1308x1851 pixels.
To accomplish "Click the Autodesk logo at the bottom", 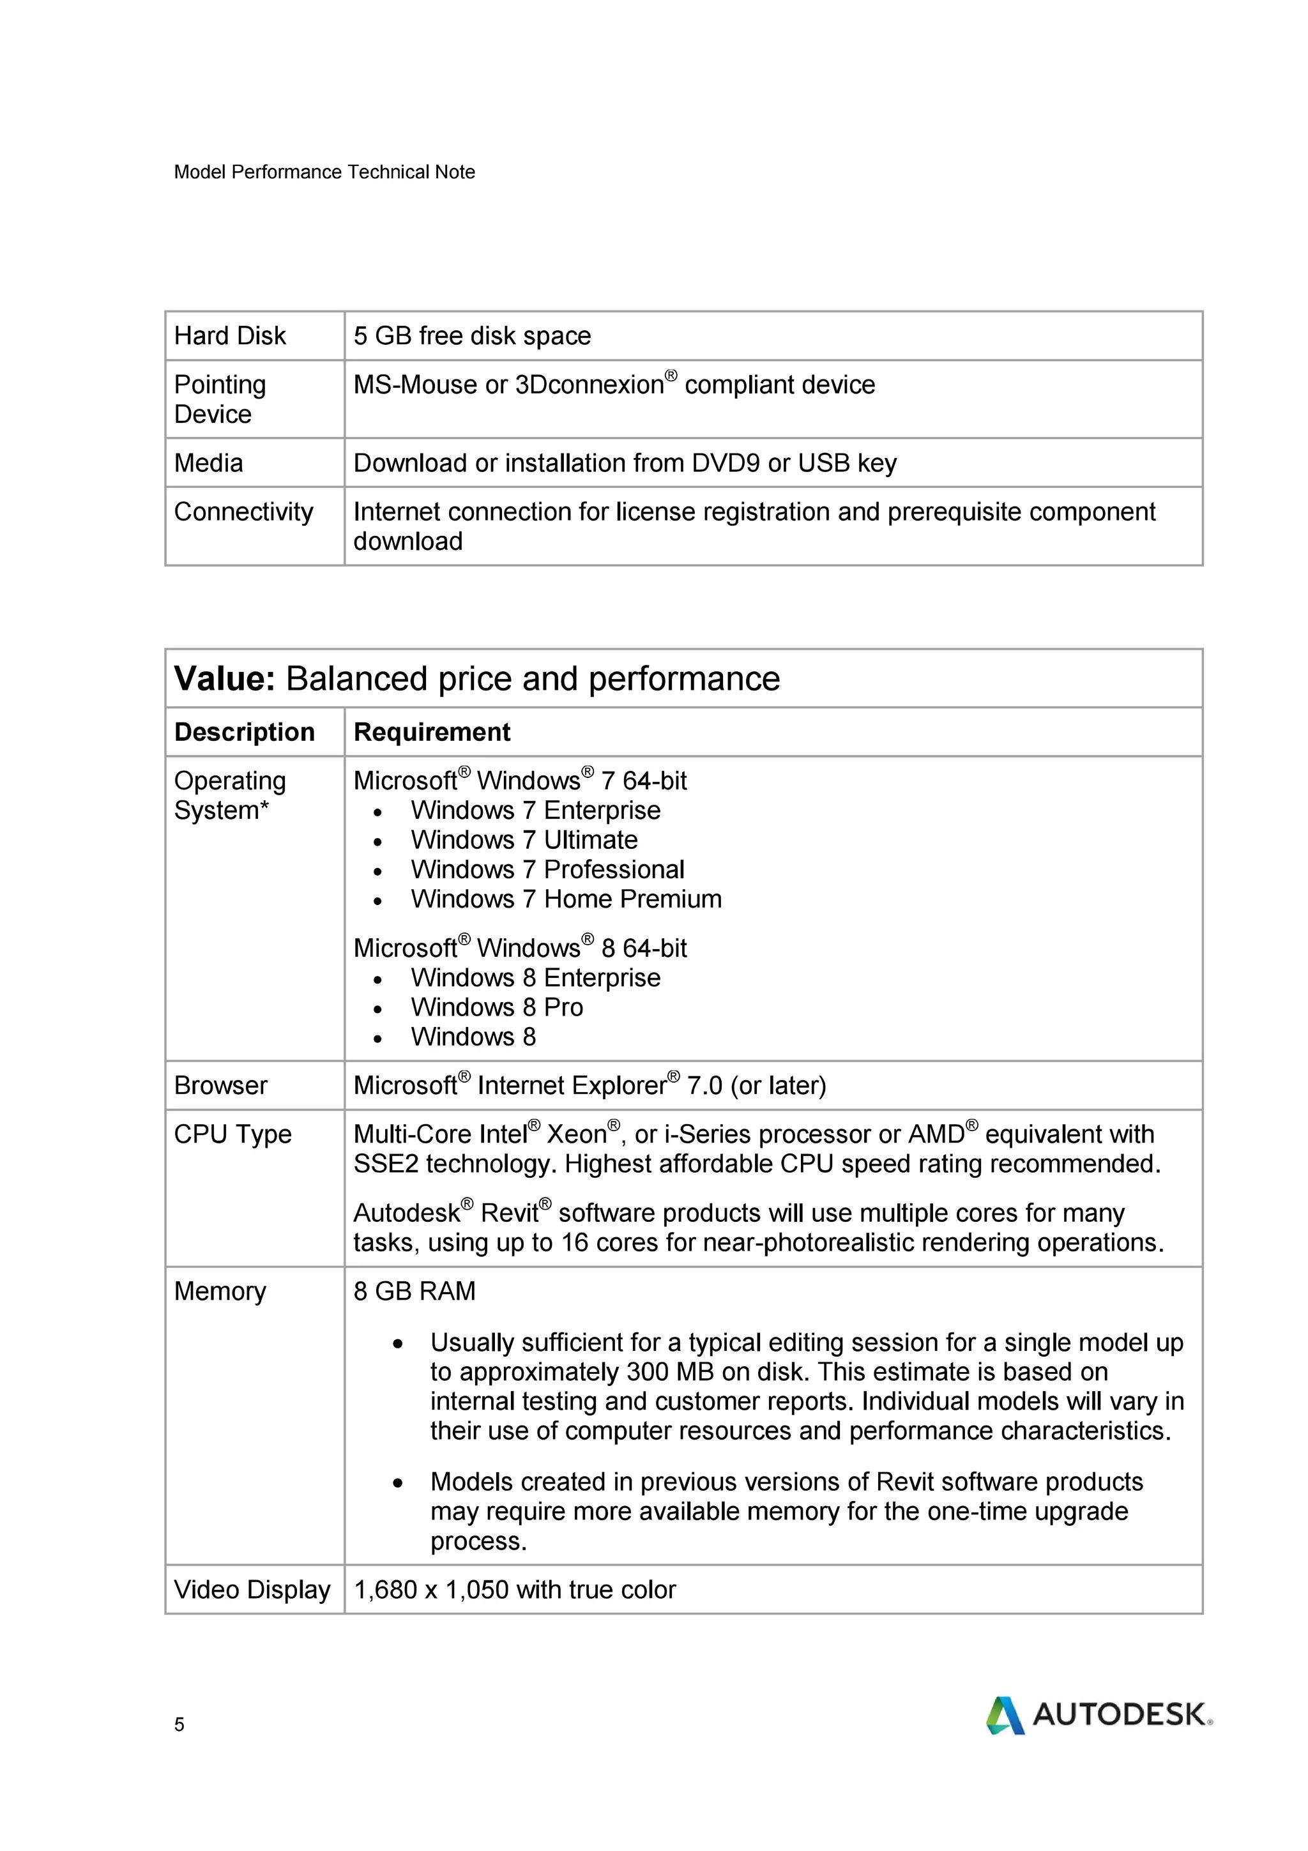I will pyautogui.click(x=1099, y=1715).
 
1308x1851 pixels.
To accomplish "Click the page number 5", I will pyautogui.click(x=179, y=1725).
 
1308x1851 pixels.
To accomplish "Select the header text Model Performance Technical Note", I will pyautogui.click(x=324, y=172).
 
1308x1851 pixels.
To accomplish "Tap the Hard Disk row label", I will pyautogui.click(x=230, y=335).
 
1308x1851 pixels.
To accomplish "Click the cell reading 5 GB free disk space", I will pyautogui.click(x=471, y=335).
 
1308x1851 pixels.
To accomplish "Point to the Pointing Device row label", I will pyautogui.click(x=219, y=399).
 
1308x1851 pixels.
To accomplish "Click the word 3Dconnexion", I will pyautogui.click(x=588, y=385).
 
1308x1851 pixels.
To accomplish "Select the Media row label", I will pyautogui.click(x=208, y=462).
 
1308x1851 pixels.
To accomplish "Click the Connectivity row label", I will pyautogui.click(x=243, y=511).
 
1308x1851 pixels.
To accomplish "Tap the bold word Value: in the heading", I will pyautogui.click(x=225, y=679).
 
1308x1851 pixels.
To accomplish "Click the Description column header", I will pyautogui.click(x=244, y=732).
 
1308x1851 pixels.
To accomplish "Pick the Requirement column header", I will pyautogui.click(x=431, y=732).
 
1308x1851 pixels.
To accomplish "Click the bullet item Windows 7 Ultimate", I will pyautogui.click(x=524, y=840).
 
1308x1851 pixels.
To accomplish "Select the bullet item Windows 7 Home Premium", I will pyautogui.click(x=566, y=899).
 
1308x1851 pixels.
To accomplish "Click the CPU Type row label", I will pyautogui.click(x=232, y=1134).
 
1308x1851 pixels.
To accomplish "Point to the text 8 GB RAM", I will pyautogui.click(x=414, y=1291).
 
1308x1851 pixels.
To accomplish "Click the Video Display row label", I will pyautogui.click(x=252, y=1589).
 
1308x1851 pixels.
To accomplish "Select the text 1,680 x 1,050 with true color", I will pyautogui.click(x=514, y=1589).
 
